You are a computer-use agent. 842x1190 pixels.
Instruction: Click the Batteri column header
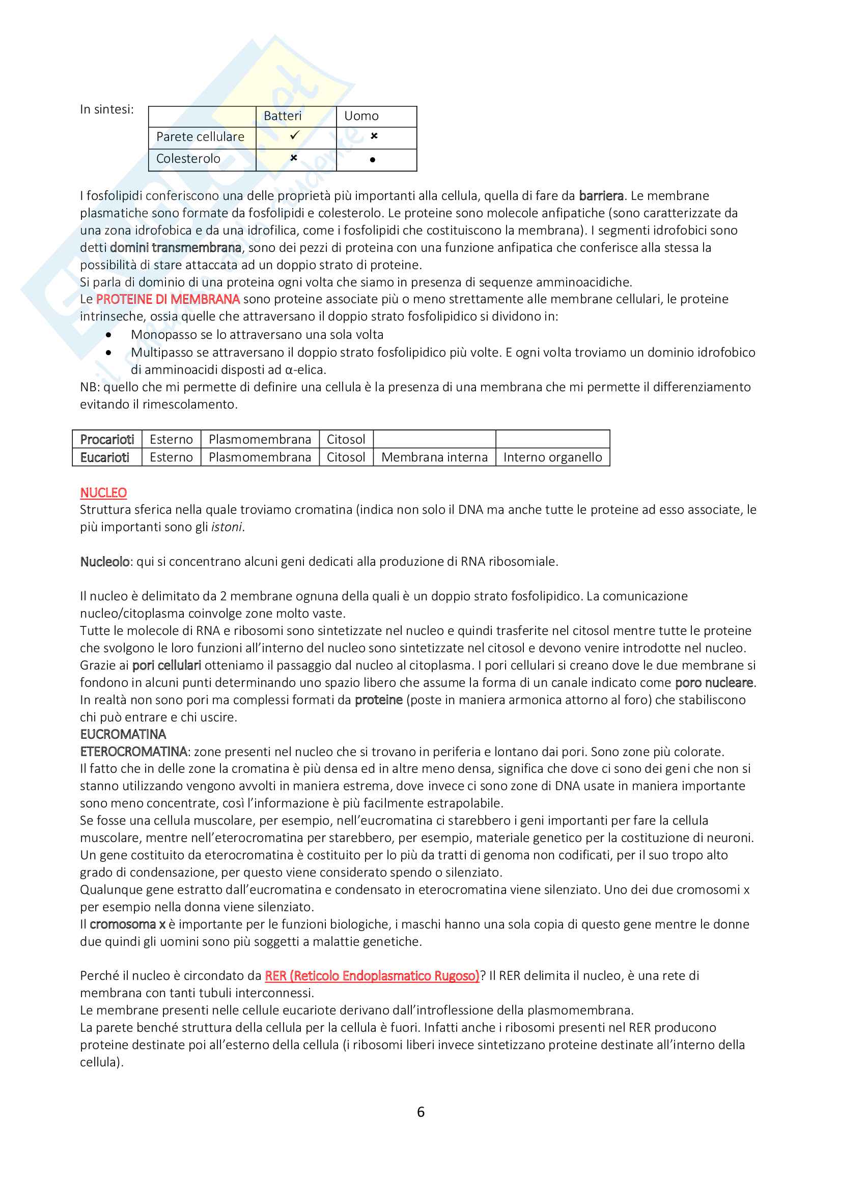point(283,116)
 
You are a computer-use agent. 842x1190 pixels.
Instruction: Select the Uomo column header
point(361,116)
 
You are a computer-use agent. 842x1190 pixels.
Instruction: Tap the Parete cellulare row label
point(200,137)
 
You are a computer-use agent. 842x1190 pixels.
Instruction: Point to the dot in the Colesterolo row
point(372,160)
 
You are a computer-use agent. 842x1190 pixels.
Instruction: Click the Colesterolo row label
point(188,159)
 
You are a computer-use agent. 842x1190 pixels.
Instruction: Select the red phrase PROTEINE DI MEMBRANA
point(168,299)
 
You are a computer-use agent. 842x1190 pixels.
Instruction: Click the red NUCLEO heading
point(103,492)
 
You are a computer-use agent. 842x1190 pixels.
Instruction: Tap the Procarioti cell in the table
point(107,440)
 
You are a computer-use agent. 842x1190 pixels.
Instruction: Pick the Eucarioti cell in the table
point(105,457)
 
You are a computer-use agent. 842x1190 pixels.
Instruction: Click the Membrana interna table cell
point(434,457)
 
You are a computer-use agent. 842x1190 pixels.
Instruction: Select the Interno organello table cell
point(553,457)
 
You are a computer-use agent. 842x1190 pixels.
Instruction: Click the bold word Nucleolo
point(105,561)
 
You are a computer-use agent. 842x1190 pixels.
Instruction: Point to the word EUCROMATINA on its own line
point(123,734)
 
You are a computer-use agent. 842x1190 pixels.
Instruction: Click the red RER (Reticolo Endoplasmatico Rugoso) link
point(372,975)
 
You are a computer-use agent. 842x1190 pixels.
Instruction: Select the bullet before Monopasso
point(108,335)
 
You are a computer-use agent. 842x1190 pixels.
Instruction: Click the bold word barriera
point(601,196)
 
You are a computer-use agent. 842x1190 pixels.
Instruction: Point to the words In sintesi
point(107,109)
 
